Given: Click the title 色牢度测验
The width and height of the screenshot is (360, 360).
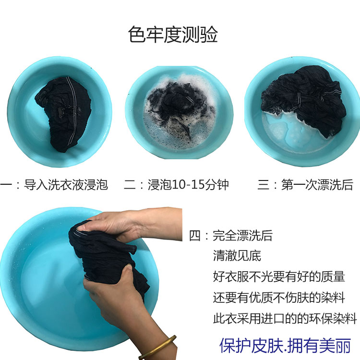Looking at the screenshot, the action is (x=173, y=35).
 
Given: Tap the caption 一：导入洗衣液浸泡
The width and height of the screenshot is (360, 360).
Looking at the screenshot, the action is (x=54, y=185).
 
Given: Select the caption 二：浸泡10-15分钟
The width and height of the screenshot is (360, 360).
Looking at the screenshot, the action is (x=176, y=185).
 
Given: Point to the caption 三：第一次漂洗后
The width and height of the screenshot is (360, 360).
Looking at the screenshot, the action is (x=305, y=185).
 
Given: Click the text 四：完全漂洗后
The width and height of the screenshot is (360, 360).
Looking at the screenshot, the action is (x=231, y=236).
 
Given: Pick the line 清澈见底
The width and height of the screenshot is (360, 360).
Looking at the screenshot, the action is (x=237, y=256).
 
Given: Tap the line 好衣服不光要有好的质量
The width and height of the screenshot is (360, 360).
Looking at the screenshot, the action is (x=279, y=276).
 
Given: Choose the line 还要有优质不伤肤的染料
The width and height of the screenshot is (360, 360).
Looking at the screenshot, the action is (x=279, y=298).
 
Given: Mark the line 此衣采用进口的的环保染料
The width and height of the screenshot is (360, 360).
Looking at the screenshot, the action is (x=285, y=318).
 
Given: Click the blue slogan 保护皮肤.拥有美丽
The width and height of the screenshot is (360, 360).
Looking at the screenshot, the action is (x=286, y=346).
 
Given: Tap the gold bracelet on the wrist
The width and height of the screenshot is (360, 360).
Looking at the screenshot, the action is (x=158, y=348).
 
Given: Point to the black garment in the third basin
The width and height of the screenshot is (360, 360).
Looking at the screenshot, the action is (x=305, y=96).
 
